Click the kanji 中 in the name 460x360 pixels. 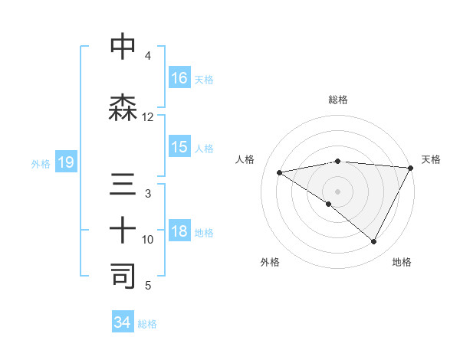tap(123, 47)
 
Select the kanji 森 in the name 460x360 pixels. tap(123, 108)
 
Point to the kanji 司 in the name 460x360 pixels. tap(123, 277)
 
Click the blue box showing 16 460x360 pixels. tap(179, 78)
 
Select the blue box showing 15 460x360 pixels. tap(179, 147)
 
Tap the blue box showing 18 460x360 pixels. tap(179, 232)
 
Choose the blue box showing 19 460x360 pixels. tap(65, 162)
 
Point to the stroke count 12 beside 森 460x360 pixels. tap(147, 117)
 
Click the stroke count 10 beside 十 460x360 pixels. tap(147, 240)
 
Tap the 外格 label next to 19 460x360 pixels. tap(41, 163)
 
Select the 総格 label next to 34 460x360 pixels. tap(147, 324)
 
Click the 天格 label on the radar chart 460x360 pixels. tap(431, 159)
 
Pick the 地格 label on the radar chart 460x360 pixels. tap(402, 262)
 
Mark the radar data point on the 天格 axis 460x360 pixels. tap(411, 167)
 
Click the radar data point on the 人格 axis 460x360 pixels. tap(280, 172)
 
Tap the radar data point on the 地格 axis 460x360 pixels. tap(374, 242)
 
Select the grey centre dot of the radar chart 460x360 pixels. tap(337, 191)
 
